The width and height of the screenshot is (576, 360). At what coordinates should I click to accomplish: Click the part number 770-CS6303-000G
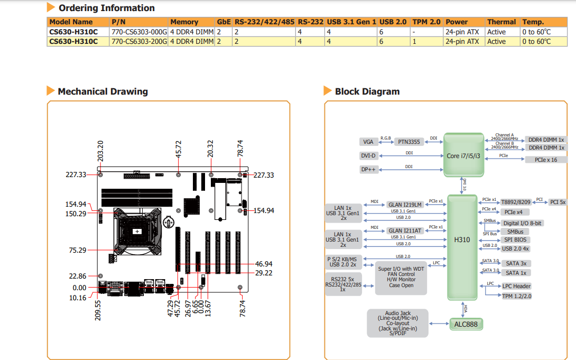(139, 32)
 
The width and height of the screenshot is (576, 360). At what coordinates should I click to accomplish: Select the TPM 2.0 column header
(426, 22)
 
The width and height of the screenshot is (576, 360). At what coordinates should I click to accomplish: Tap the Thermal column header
(501, 22)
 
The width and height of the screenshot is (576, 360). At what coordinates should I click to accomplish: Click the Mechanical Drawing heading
(103, 91)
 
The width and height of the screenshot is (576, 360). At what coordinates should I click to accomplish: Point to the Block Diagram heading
(367, 91)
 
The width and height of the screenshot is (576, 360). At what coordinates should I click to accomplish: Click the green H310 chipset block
(462, 247)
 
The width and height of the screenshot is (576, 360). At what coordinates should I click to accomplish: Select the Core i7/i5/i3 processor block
(463, 155)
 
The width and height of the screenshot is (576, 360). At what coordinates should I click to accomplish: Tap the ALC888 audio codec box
(466, 325)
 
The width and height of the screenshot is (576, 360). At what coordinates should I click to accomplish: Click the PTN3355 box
(409, 142)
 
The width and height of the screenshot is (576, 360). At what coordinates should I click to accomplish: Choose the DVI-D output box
(368, 156)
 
